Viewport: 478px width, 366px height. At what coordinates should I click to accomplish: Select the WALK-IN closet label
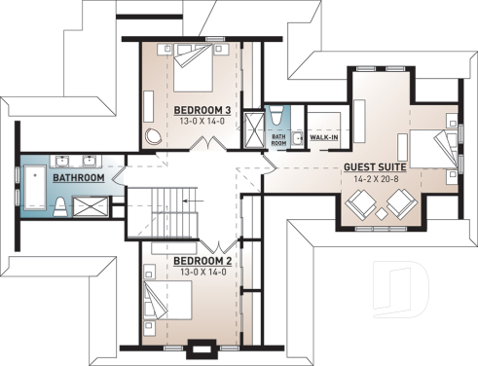(x=324, y=137)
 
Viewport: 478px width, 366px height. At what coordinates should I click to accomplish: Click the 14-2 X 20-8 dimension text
(x=372, y=179)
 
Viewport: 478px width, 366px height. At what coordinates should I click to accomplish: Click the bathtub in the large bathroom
(x=33, y=189)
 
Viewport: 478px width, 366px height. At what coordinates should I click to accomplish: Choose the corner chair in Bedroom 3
(x=153, y=135)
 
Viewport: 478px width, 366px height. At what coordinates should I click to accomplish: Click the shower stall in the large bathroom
(x=95, y=204)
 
